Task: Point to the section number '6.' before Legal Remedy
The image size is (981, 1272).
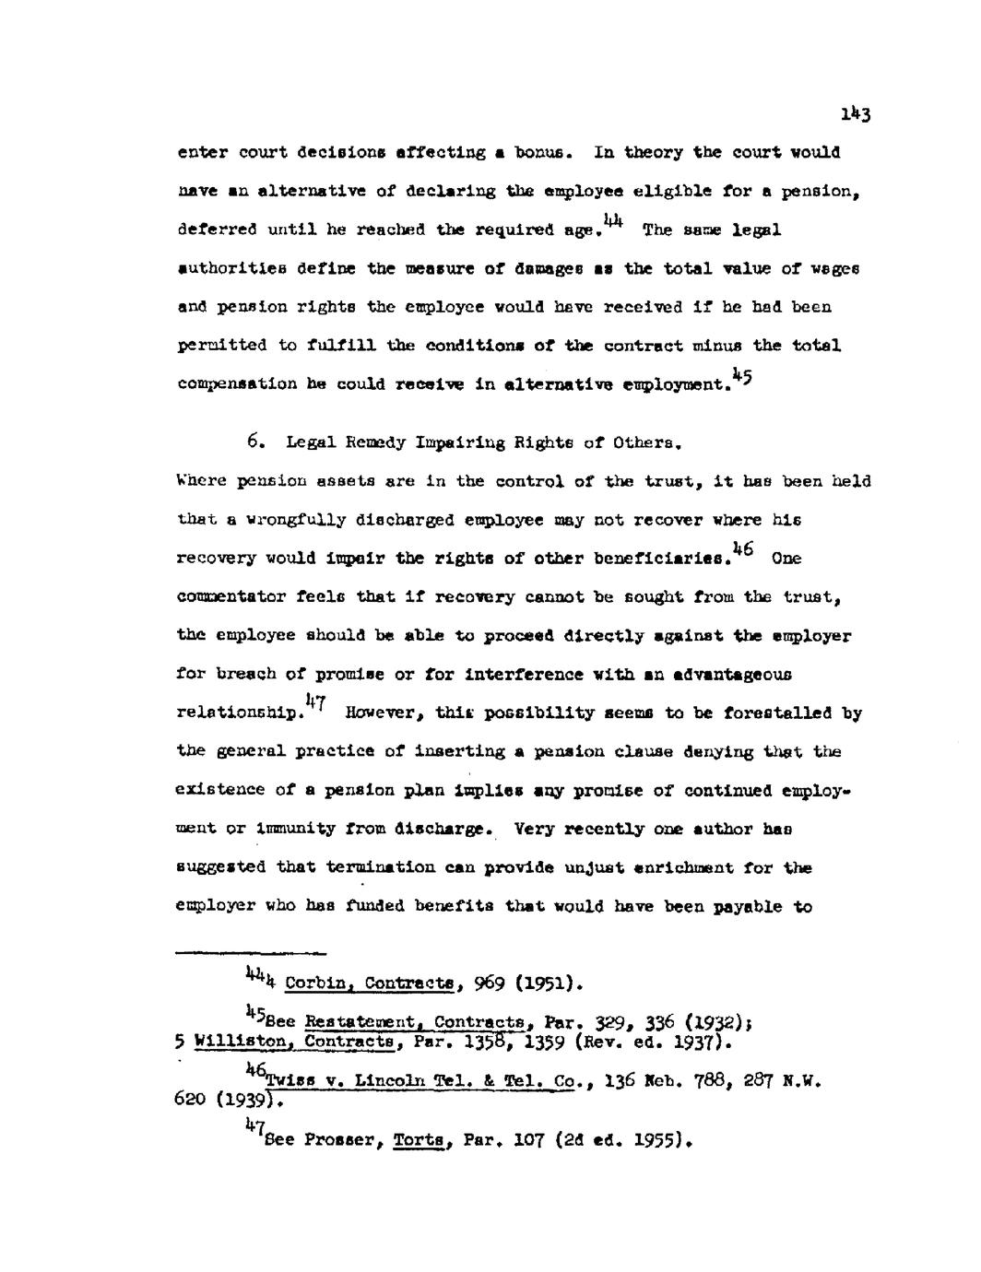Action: click(257, 442)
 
